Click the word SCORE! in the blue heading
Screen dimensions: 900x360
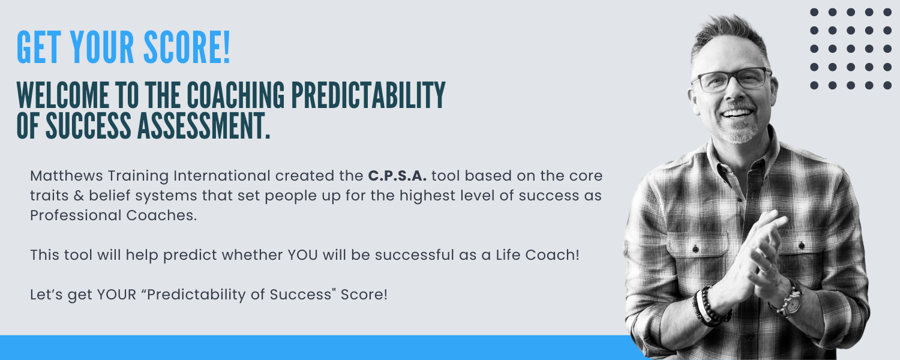click(x=187, y=47)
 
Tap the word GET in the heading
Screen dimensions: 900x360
click(x=38, y=47)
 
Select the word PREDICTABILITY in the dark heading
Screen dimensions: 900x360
click(x=368, y=95)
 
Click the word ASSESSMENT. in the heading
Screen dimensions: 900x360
click(x=204, y=126)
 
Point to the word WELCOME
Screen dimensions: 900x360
click(x=62, y=95)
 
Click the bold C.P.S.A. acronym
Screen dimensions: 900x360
click(x=397, y=176)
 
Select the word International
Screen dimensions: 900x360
click(x=222, y=176)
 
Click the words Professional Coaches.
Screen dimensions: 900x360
click(x=114, y=215)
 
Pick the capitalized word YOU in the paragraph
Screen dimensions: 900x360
click(x=302, y=255)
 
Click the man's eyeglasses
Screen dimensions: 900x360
click(x=731, y=79)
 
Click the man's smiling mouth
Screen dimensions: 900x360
click(x=737, y=114)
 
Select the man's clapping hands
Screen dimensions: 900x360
click(x=755, y=257)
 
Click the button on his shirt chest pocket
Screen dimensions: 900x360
click(x=695, y=250)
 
